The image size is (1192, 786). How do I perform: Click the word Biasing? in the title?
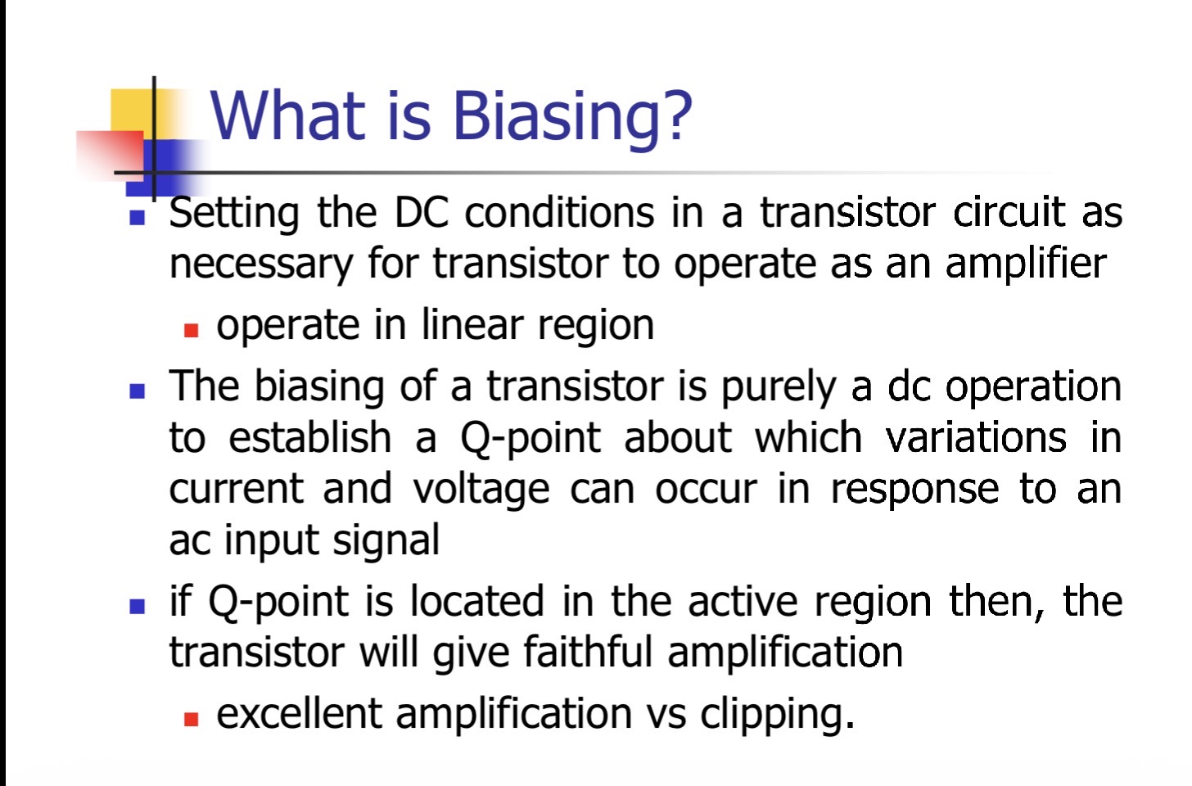point(572,117)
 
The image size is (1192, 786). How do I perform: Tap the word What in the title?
point(288,116)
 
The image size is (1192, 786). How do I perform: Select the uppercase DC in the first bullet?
point(421,213)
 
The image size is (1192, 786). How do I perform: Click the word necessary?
point(260,264)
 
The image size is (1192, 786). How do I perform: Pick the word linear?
point(472,324)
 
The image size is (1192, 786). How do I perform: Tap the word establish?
point(309,437)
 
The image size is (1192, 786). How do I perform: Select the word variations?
point(975,437)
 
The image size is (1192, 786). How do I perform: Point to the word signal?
point(386,541)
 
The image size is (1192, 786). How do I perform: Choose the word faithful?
point(588,652)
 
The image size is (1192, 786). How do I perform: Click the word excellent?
point(299,713)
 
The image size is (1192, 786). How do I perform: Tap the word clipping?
point(777,716)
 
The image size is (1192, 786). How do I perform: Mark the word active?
point(743,601)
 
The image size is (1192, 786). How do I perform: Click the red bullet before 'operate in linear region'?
point(191,331)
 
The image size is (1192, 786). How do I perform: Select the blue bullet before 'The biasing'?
point(138,391)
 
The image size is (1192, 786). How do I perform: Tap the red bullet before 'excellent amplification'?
point(191,720)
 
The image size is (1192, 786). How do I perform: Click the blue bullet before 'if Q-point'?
point(138,607)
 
